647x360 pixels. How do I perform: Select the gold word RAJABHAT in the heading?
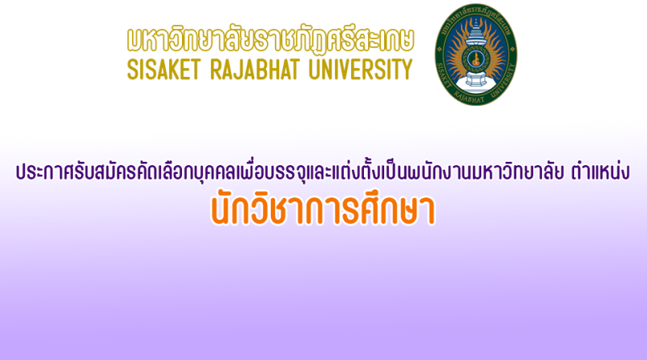(255, 69)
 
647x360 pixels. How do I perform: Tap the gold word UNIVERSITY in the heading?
(361, 69)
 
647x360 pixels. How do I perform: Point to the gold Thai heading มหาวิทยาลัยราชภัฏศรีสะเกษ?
(270, 39)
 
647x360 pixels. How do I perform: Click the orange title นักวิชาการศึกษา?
(323, 210)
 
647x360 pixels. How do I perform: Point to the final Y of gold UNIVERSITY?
(407, 69)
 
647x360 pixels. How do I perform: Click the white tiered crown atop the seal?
(476, 32)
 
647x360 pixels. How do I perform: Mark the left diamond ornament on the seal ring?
(439, 53)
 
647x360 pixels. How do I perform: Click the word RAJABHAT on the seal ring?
(472, 98)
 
